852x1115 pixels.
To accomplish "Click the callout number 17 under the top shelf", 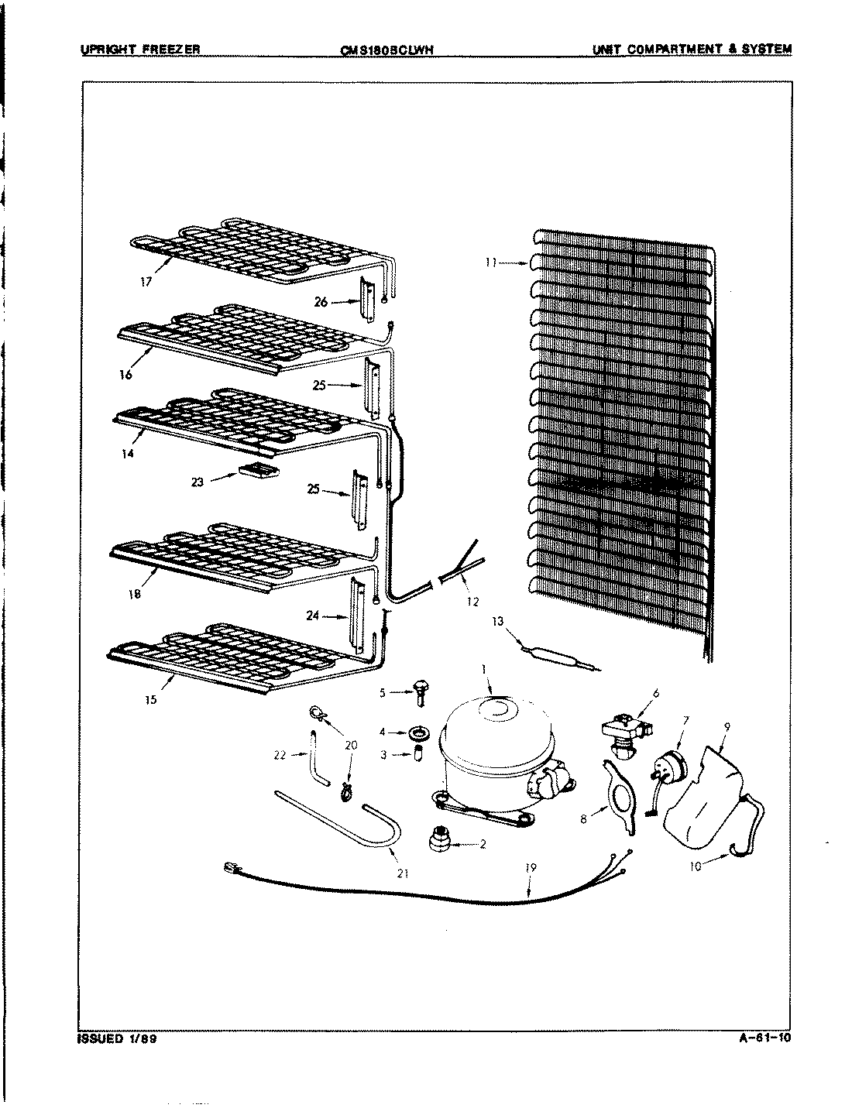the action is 146,283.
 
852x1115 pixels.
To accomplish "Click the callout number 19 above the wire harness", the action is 531,868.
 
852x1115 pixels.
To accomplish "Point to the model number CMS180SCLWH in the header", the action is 386,50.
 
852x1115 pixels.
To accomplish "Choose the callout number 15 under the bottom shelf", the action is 151,699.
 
